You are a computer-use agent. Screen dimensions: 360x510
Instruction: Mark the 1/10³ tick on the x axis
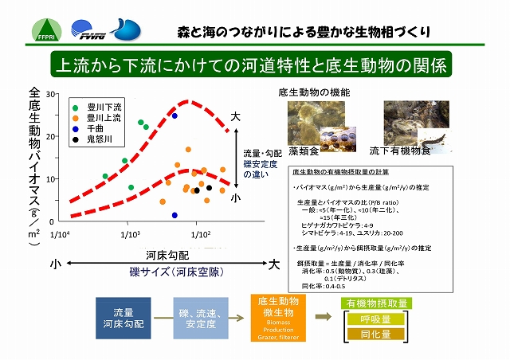pyautogui.click(x=130, y=234)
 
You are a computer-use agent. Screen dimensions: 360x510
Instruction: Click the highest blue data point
pyautogui.click(x=175, y=115)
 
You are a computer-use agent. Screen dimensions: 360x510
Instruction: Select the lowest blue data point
pyautogui.click(x=175, y=215)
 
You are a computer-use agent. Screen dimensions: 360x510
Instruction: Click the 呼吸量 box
pyautogui.click(x=375, y=319)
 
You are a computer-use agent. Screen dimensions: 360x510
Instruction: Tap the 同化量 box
pyautogui.click(x=375, y=335)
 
